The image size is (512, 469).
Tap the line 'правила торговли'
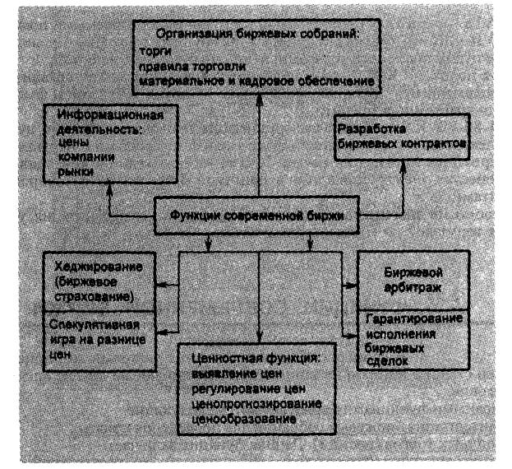click(191, 67)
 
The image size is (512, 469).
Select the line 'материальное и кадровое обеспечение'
click(257, 81)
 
